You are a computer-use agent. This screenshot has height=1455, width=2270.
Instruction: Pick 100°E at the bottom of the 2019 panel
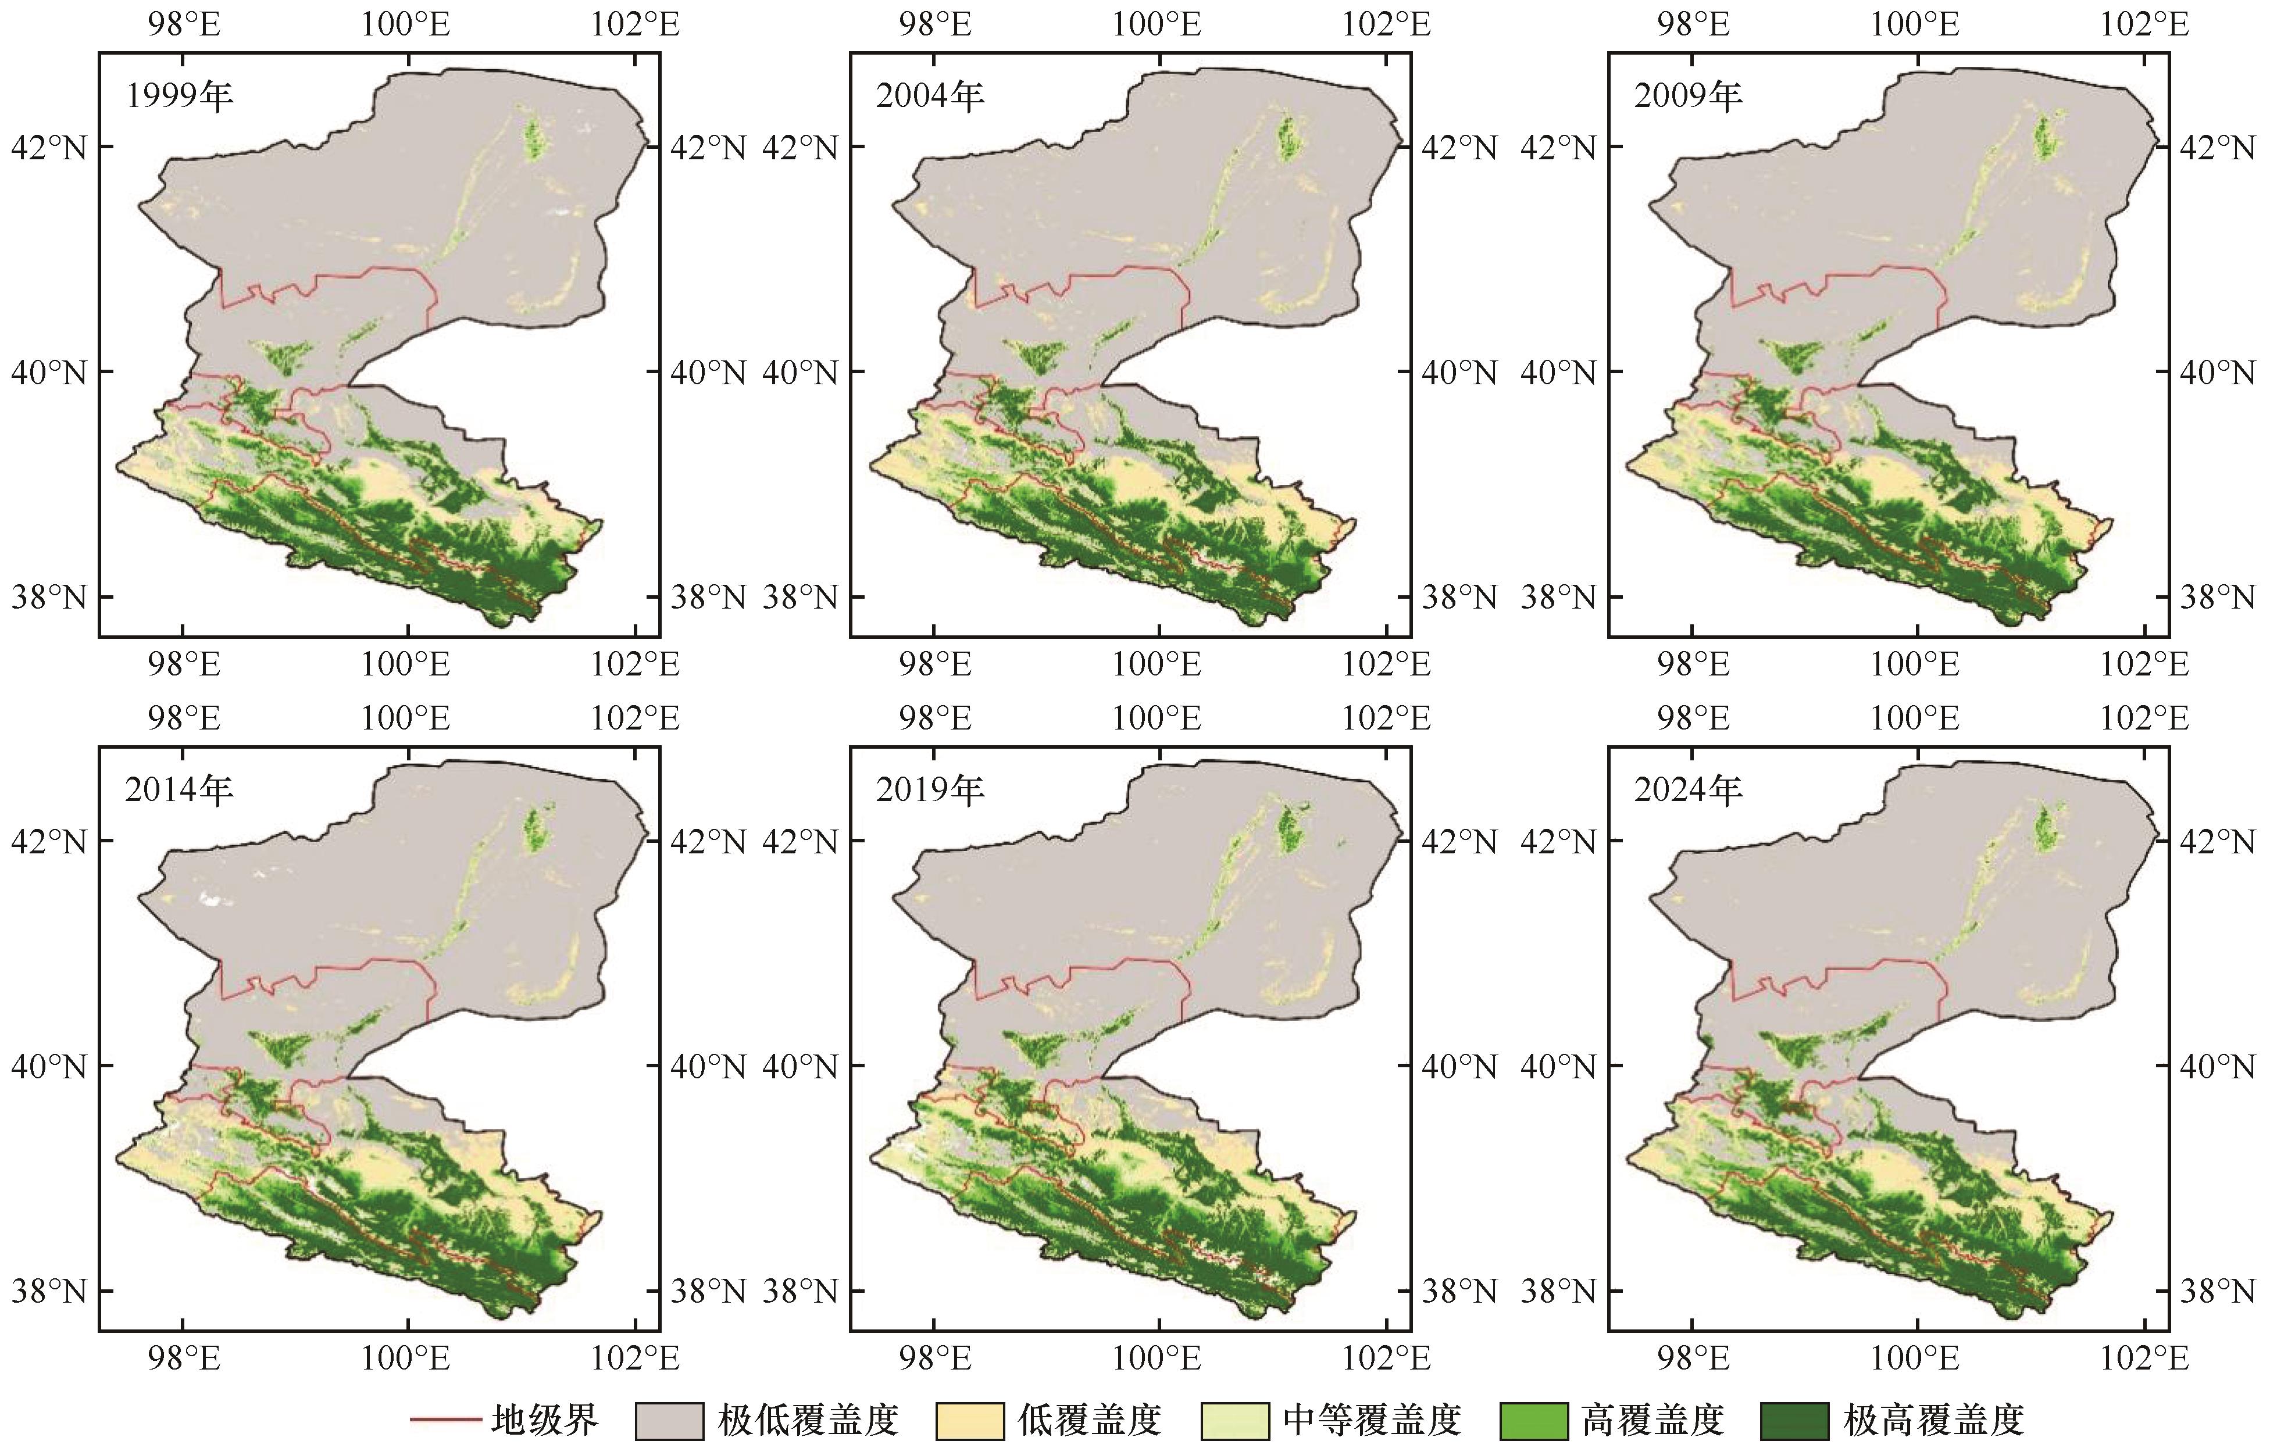[x=1156, y=1359]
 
